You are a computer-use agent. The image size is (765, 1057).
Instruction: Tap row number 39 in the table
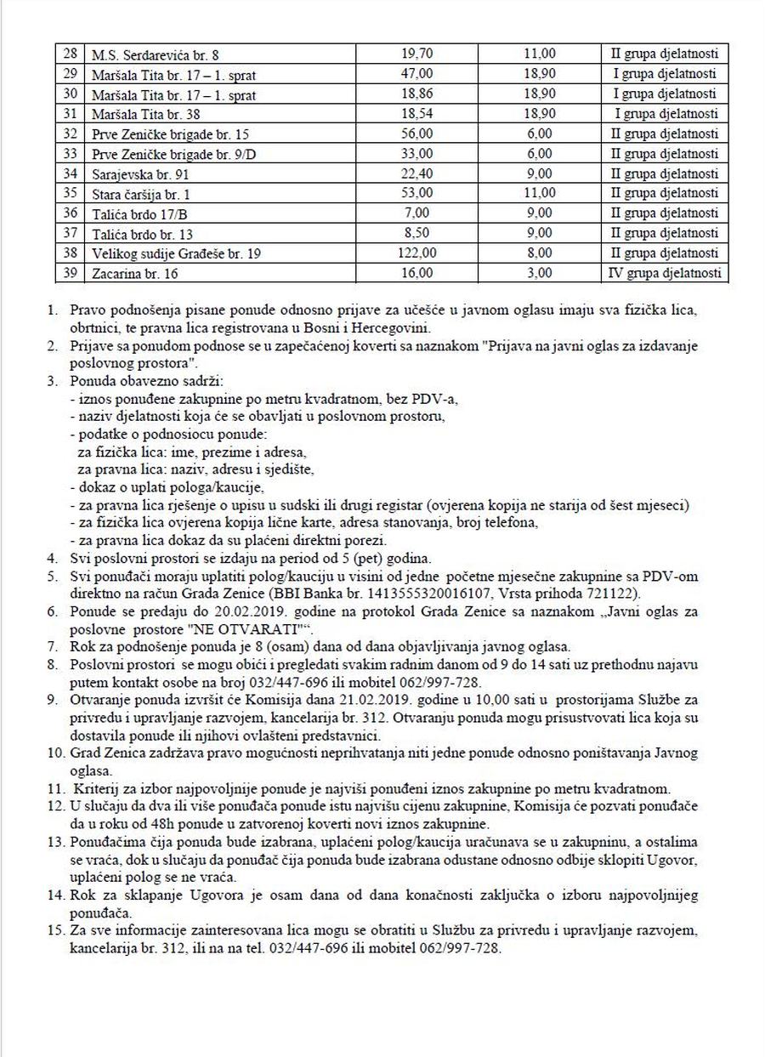[71, 273]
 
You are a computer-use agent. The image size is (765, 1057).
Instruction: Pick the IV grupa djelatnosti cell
[666, 273]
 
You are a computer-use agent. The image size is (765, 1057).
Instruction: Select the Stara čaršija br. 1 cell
[142, 195]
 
